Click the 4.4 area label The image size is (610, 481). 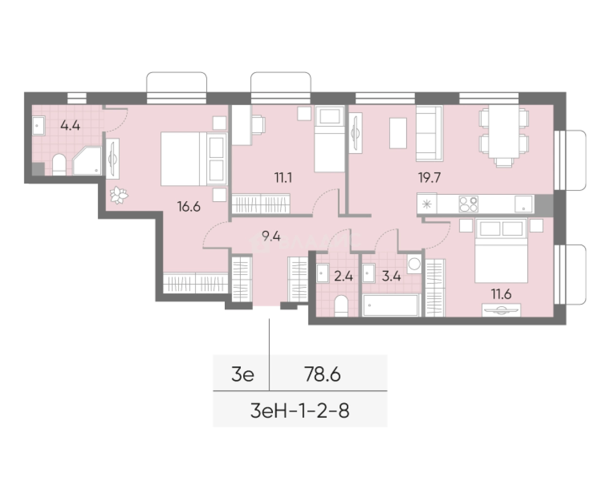click(x=70, y=126)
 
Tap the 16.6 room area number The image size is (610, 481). click(x=189, y=207)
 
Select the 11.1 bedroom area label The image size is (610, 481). click(x=283, y=177)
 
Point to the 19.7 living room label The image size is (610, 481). click(x=429, y=177)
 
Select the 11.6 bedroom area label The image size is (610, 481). click(x=502, y=293)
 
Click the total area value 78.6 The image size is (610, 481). click(x=322, y=375)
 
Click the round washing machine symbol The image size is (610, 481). click(x=414, y=264)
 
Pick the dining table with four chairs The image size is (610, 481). click(x=503, y=132)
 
